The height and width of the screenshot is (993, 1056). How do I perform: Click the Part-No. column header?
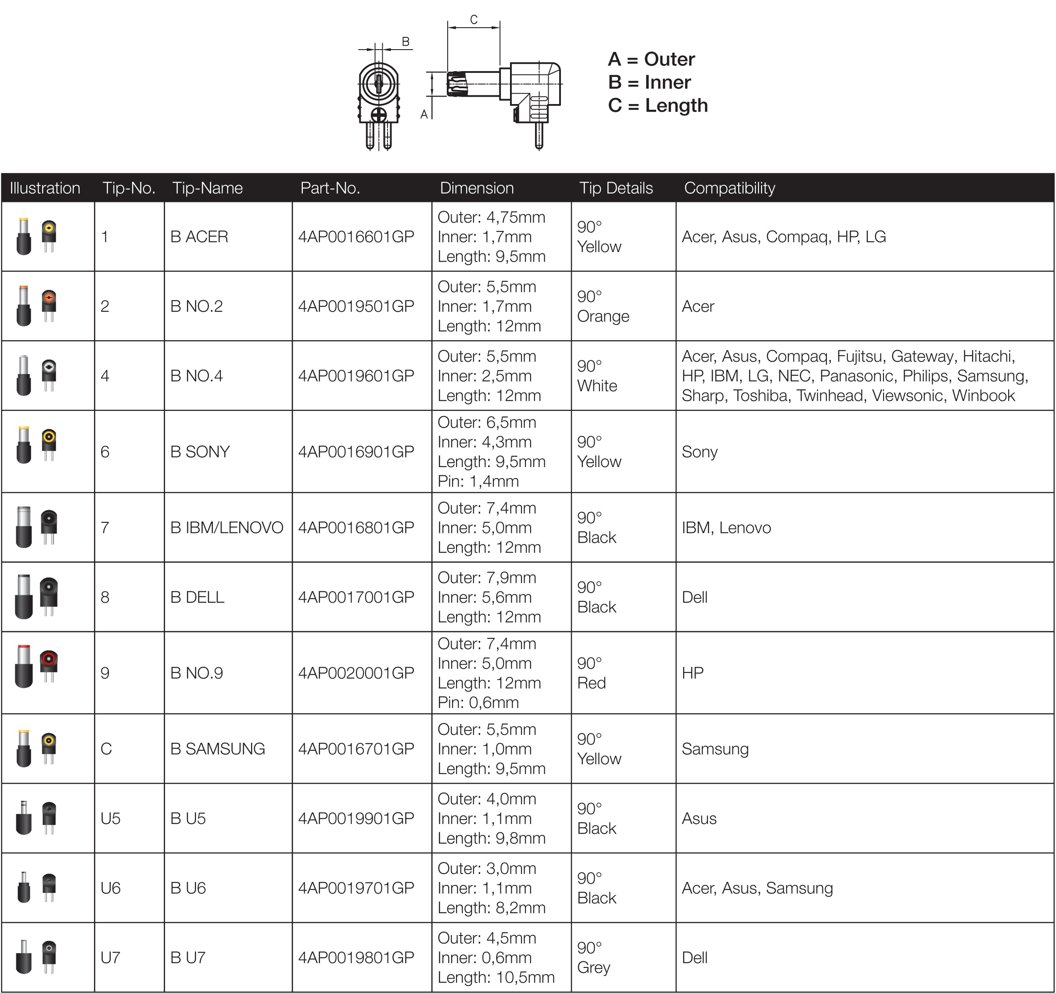coord(330,188)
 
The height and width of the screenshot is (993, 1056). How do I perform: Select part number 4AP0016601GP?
coord(356,237)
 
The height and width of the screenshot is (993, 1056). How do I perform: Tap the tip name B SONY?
coord(200,452)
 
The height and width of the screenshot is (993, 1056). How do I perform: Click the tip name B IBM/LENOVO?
coord(227,528)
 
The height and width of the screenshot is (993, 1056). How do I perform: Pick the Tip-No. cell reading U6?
coord(111,888)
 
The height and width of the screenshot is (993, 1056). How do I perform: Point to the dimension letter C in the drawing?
coord(474,20)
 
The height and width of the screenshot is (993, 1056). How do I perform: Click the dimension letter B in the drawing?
coord(405,41)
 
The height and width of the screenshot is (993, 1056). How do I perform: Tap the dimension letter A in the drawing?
coord(424,114)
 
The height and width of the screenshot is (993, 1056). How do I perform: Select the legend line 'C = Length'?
coord(657,105)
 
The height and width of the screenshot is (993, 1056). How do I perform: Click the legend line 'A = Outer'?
coord(651,59)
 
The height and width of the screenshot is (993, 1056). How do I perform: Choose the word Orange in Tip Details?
coord(603,316)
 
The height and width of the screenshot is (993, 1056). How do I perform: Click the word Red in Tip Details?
coord(591,683)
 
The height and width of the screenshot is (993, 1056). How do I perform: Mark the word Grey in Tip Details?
coord(593,968)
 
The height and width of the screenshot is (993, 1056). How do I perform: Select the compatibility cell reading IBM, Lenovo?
coord(726,528)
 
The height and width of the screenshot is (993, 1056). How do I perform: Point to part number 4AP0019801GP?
coord(356,957)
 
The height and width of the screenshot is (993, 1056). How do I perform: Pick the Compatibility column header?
coord(729,188)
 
